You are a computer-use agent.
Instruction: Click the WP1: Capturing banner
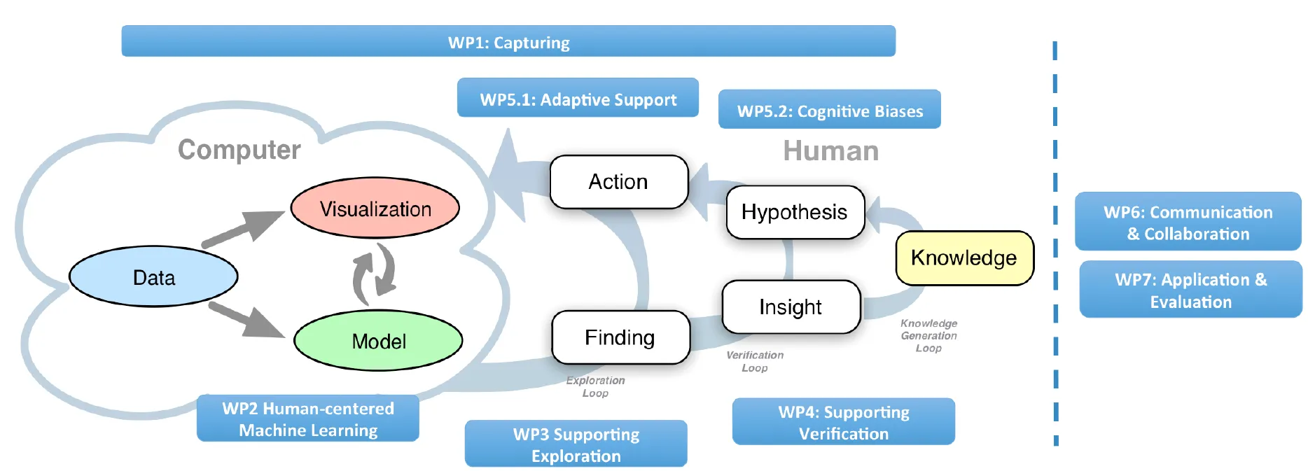point(508,41)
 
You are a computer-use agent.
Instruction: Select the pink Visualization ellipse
point(375,208)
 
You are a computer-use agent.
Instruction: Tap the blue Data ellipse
point(153,276)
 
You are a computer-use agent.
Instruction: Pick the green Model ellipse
point(378,341)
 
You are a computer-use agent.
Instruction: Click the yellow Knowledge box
point(964,258)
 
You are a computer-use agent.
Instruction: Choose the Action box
point(618,182)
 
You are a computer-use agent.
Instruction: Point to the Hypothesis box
point(795,212)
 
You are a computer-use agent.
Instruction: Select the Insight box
point(791,307)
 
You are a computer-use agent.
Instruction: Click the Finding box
point(620,337)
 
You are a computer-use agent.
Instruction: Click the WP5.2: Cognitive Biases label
point(829,110)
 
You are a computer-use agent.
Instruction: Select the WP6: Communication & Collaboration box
point(1188,222)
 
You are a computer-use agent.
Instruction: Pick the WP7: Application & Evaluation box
point(1190,290)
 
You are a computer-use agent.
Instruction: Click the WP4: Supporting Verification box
point(843,422)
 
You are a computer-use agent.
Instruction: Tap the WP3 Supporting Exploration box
point(576,444)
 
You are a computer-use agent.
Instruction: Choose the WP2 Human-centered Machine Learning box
point(307,419)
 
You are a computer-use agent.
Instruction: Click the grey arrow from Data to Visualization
point(242,227)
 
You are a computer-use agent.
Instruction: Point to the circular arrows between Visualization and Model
point(374,274)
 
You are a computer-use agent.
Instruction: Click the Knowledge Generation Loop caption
point(928,336)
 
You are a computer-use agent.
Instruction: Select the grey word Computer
point(239,150)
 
